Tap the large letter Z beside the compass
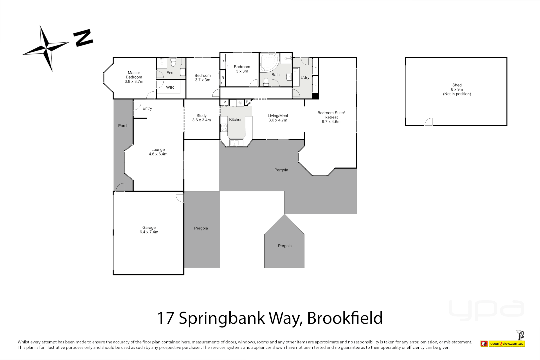[83, 38]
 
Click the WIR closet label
[170, 87]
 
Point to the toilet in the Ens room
[173, 62]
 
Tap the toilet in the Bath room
[266, 82]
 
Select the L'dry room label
[305, 77]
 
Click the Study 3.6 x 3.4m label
[201, 118]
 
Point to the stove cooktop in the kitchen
[224, 128]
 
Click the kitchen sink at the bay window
[236, 143]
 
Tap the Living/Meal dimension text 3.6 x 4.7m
[278, 120]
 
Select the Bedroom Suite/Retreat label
[331, 117]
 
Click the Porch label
[123, 126]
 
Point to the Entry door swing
[137, 106]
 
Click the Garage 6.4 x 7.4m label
[149, 230]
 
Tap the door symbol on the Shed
[429, 122]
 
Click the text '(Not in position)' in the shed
[457, 94]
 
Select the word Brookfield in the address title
[345, 318]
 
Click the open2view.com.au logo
[506, 344]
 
